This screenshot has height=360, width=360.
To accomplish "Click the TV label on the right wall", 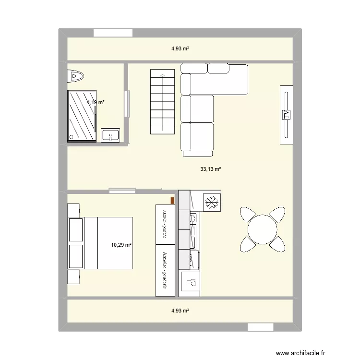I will (x=287, y=114).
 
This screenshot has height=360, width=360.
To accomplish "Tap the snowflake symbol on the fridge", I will (x=211, y=202).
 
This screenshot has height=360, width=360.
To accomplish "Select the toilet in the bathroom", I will (x=76, y=75).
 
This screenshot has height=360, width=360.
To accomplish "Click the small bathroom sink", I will (x=111, y=135).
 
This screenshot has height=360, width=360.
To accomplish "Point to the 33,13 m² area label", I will (x=211, y=169).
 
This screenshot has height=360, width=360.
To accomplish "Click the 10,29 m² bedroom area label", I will (x=121, y=245).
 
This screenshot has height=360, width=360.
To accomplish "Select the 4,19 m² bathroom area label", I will (x=96, y=102).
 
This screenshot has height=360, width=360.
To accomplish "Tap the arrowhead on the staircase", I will (x=162, y=75).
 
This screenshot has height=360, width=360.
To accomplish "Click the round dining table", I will (x=262, y=229).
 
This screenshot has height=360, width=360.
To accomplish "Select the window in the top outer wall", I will (x=112, y=33).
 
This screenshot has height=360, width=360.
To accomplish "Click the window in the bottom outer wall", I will (x=260, y=327).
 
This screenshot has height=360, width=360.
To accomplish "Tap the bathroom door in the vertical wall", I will (x=127, y=104).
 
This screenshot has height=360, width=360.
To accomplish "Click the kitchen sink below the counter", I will (x=190, y=283).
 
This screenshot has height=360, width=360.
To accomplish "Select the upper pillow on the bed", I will (x=76, y=230).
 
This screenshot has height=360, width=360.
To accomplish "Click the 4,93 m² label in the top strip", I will (x=180, y=48).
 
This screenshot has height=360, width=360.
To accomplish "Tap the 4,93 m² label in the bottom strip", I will (x=180, y=311).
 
